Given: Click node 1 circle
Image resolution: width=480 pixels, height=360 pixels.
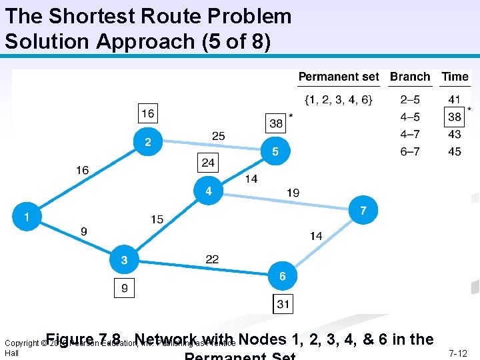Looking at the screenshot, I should click(x=27, y=217).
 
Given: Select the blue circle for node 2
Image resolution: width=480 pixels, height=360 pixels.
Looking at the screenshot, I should click(x=148, y=142).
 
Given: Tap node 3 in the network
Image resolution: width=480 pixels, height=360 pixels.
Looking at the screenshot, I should click(x=123, y=260).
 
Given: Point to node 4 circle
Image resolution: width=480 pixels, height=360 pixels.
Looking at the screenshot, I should click(x=209, y=191).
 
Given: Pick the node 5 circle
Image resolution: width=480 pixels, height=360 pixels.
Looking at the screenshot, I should click(x=275, y=151).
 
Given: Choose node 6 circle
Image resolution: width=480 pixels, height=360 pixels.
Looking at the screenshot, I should click(x=283, y=275).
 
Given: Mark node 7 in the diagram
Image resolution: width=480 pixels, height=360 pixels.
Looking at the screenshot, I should click(x=363, y=210).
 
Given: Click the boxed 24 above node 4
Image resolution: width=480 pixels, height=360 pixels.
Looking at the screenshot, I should click(x=209, y=162).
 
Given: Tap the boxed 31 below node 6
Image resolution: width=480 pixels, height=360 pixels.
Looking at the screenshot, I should click(x=283, y=304).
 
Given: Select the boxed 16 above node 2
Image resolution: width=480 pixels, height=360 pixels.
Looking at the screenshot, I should click(x=148, y=113).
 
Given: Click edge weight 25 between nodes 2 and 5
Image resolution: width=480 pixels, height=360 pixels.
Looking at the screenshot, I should click(x=219, y=136).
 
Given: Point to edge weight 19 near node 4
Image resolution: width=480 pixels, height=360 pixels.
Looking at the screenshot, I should click(x=293, y=193).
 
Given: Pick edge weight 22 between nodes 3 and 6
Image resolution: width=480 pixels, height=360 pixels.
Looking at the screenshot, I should click(x=212, y=259).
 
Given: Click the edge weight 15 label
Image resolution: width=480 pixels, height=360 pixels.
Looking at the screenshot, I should click(x=157, y=219).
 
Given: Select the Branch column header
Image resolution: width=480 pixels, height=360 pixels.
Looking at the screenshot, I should click(x=410, y=77).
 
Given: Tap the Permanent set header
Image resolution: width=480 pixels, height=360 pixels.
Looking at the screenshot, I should click(x=339, y=77).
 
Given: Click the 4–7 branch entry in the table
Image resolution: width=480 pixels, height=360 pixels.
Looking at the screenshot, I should click(x=410, y=135).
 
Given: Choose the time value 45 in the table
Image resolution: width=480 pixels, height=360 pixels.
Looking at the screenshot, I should click(x=455, y=151).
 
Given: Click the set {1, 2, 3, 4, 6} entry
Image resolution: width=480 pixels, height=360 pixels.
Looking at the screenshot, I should click(x=339, y=100).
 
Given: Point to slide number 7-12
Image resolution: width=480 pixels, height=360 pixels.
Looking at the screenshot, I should click(x=458, y=353).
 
